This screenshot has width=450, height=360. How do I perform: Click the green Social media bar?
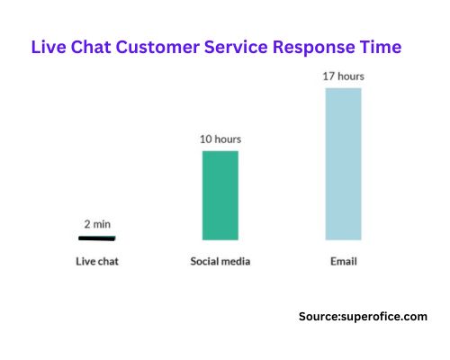coord(220,194)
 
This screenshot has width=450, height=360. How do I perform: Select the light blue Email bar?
coord(343,163)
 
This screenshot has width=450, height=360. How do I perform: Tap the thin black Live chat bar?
coord(97,238)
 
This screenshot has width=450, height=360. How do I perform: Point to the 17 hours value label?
coord(343,76)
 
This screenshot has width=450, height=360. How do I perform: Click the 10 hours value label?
coord(220,139)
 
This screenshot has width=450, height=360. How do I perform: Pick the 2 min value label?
coord(97,223)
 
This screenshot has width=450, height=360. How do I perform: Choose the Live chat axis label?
coord(97,262)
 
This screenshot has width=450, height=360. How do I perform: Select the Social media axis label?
coord(220,262)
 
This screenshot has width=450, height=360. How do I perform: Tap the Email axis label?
coord(343,262)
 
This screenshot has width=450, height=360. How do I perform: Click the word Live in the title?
coord(49,46)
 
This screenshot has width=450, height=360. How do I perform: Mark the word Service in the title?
coord(245,46)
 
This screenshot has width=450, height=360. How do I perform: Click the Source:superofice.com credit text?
coord(363,316)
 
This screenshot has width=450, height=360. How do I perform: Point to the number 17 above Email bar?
coord(329,76)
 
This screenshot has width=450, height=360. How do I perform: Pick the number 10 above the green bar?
coord(206,139)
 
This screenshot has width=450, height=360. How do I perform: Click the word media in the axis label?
coord(236,262)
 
